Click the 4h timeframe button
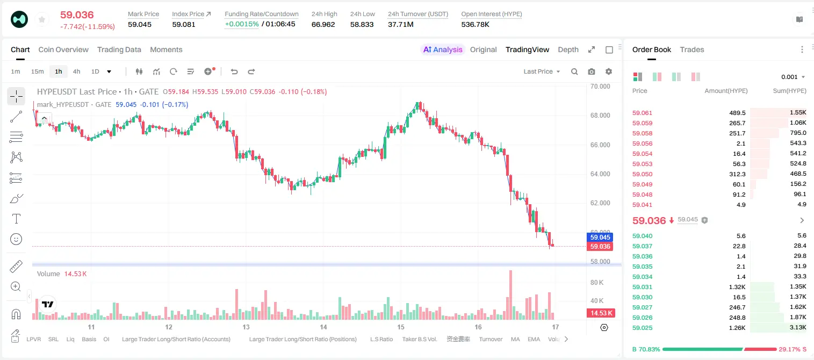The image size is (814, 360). [x=76, y=71]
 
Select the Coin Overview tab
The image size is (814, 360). [x=63, y=50]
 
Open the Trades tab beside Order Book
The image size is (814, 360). [x=692, y=50]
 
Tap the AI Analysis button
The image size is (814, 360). [x=443, y=50]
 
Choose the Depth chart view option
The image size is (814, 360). [x=568, y=50]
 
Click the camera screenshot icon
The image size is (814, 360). [x=592, y=71]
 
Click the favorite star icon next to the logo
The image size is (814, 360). [x=42, y=19]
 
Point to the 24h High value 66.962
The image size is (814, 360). [x=323, y=24]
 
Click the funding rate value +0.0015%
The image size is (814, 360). [x=242, y=24]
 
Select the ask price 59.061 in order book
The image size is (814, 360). [x=642, y=113]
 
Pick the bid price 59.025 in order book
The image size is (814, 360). [x=642, y=328]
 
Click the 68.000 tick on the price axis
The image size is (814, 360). [x=600, y=116]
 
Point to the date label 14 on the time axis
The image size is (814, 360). [x=323, y=327]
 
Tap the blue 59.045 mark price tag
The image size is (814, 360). [x=600, y=237]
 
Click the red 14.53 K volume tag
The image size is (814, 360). [x=601, y=313]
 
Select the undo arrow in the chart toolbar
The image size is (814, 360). [x=234, y=71]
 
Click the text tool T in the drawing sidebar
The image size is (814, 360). [x=16, y=219]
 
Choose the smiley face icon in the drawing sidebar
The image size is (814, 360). [x=16, y=239]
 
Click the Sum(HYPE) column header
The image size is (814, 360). [x=789, y=91]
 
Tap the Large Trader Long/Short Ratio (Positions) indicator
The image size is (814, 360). [x=302, y=339]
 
